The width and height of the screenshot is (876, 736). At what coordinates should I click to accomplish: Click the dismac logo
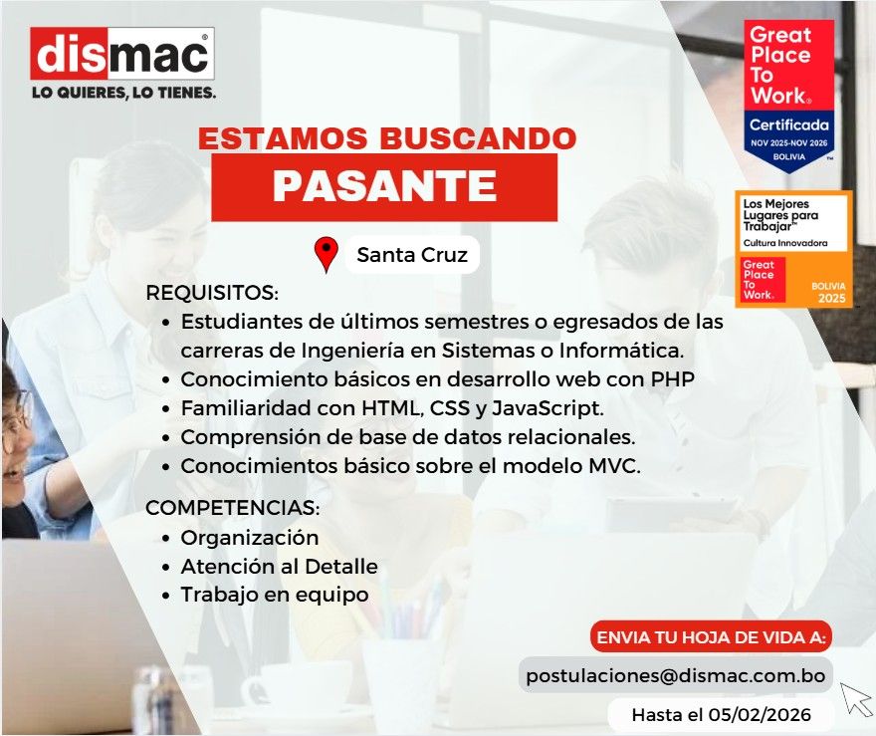(122, 54)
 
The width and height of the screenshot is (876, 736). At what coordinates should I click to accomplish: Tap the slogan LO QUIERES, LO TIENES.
(124, 93)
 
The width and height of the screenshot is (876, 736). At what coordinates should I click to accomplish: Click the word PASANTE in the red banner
(384, 186)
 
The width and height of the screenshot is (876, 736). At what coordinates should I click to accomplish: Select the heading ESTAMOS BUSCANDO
(387, 138)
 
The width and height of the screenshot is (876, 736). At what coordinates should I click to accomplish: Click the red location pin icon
(327, 254)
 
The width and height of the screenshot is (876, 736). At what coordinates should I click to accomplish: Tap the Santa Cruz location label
(412, 255)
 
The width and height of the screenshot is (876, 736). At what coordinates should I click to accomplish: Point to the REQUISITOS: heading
(212, 292)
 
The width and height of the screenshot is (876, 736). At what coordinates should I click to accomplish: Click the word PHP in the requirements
(673, 378)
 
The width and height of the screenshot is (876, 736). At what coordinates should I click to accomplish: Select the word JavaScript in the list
(547, 408)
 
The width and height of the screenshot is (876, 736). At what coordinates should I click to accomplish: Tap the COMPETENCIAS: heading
(232, 508)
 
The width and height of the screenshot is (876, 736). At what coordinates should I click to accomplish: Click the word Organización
(250, 538)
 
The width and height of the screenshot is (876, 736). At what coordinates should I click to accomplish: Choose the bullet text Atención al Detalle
(280, 566)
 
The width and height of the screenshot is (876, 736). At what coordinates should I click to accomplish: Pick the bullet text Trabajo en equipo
(275, 595)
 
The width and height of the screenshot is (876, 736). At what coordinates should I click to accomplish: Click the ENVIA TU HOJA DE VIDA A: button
(711, 637)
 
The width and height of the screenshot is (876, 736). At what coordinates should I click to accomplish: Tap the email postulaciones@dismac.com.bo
(676, 675)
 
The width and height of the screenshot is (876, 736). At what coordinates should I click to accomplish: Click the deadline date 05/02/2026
(760, 715)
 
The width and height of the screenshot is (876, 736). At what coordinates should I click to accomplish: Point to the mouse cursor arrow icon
(855, 697)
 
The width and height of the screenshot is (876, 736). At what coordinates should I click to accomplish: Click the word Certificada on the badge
(788, 124)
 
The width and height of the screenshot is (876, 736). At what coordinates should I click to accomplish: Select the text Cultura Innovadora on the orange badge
(785, 243)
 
